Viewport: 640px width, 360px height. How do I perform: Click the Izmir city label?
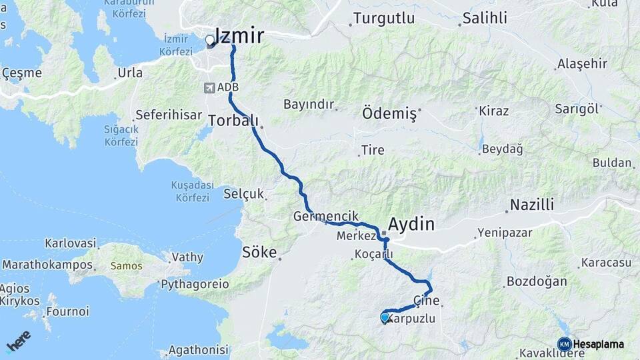(x=239, y=36)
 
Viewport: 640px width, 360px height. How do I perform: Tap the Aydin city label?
(x=411, y=224)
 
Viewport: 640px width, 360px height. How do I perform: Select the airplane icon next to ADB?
(x=211, y=87)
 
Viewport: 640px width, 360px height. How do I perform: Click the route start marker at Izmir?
(x=210, y=41)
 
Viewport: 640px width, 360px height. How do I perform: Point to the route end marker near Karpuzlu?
(x=385, y=318)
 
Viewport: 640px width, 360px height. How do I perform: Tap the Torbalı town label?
(x=233, y=121)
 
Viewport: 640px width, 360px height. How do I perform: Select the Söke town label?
(x=259, y=253)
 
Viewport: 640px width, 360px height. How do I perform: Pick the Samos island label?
(x=126, y=265)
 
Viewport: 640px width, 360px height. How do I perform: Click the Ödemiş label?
(x=389, y=113)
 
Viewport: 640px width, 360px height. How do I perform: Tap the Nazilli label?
(x=531, y=205)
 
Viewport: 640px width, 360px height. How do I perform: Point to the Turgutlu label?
(x=379, y=18)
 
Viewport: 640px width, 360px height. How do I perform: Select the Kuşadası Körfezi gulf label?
(x=193, y=191)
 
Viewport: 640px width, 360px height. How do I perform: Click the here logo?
(x=18, y=341)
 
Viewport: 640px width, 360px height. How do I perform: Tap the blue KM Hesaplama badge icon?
(x=564, y=344)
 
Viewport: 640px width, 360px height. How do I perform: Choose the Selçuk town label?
(x=244, y=195)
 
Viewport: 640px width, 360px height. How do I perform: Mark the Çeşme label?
(x=22, y=73)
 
